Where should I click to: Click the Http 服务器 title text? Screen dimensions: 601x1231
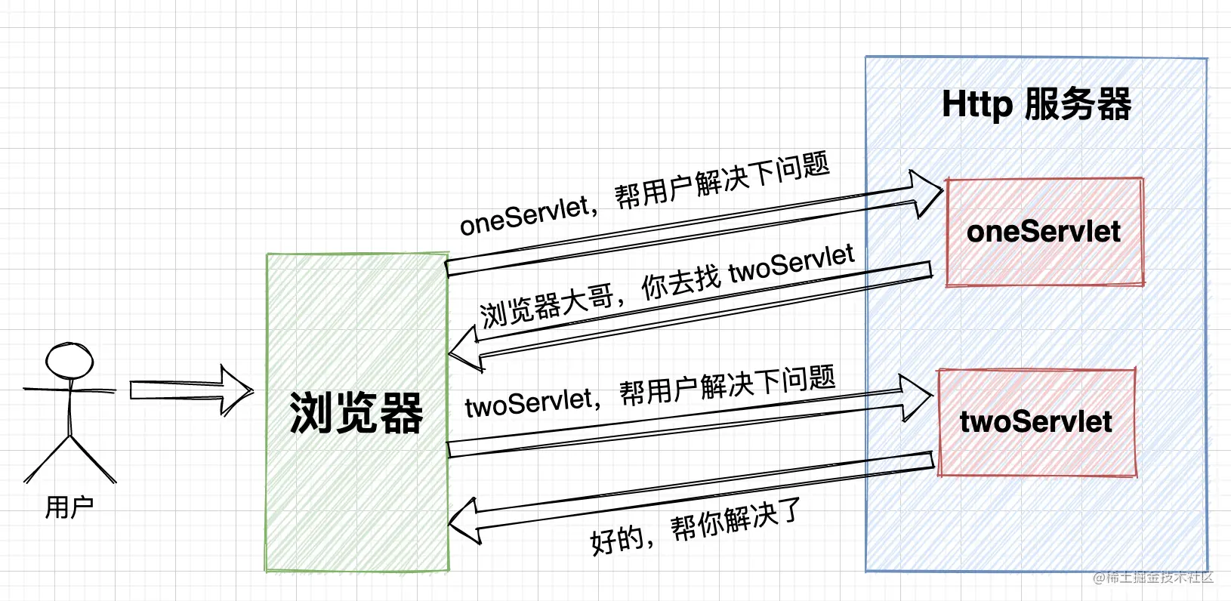pyautogui.click(x=1036, y=104)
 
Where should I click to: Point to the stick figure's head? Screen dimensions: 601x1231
pyautogui.click(x=69, y=360)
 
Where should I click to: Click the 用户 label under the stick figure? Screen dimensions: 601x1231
pyautogui.click(x=69, y=507)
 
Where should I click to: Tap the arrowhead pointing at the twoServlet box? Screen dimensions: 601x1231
pyautogui.click(x=917, y=397)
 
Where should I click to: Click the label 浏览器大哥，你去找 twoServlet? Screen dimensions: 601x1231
pyautogui.click(x=667, y=285)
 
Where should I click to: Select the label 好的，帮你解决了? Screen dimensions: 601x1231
pyautogui.click(x=695, y=528)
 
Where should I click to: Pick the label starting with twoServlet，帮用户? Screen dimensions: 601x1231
pyautogui.click(x=650, y=393)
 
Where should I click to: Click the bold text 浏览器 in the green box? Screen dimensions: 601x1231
pyautogui.click(x=356, y=413)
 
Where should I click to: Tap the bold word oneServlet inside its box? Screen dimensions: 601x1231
pyautogui.click(x=1044, y=232)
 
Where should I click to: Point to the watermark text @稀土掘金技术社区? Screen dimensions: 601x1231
pyautogui.click(x=1152, y=578)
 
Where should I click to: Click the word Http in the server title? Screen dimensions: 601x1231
pyautogui.click(x=976, y=104)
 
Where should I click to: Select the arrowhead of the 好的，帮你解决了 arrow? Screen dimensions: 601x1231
pyautogui.click(x=464, y=522)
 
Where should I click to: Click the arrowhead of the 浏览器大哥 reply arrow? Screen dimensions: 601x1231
pyautogui.click(x=464, y=352)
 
